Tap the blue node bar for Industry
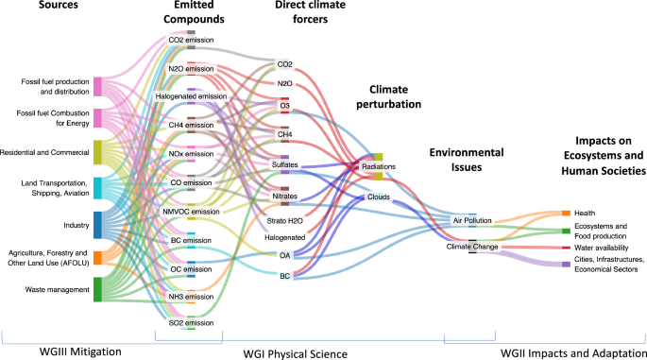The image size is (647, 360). tap(98, 225)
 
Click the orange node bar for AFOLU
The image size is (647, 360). tap(98, 258)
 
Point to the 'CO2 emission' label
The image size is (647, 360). tap(191, 41)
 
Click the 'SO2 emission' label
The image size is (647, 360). tap(191, 322)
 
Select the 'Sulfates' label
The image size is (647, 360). tap(284, 164)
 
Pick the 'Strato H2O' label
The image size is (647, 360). tap(284, 219)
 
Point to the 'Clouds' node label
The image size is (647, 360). tap(379, 197)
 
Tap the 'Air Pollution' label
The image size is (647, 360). tap(472, 220)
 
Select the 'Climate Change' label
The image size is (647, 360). tap(472, 246)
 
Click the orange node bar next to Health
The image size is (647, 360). tap(566, 214)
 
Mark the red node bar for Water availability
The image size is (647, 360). tap(566, 248)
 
